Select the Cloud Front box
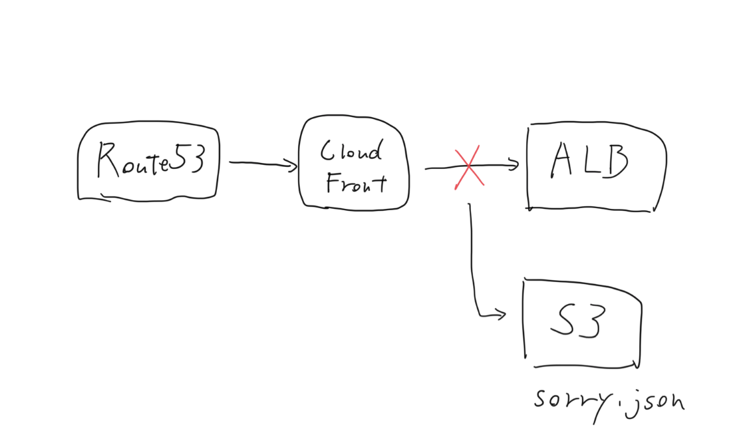[x=353, y=164]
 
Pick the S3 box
[x=583, y=323]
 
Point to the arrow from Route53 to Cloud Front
[x=262, y=164]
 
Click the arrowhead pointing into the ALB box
[x=513, y=165]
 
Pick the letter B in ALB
[x=615, y=162]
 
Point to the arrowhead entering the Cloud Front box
[x=291, y=165]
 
